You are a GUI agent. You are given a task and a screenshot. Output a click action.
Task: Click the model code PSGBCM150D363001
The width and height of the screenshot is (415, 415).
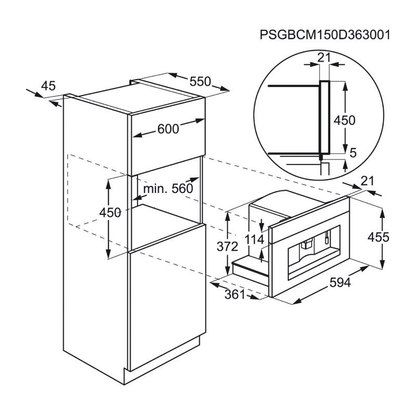(325, 35)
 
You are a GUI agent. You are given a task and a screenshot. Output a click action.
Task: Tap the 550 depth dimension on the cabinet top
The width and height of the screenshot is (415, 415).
(200, 81)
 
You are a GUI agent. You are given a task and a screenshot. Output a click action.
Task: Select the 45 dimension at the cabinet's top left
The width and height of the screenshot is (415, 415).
(48, 86)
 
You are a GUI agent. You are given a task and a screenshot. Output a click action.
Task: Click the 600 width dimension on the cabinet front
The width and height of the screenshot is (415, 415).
(168, 129)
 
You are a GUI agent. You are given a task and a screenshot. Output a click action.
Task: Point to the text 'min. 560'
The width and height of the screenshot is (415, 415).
(168, 189)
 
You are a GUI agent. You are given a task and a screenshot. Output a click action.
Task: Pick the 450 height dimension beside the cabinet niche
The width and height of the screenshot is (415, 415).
(110, 212)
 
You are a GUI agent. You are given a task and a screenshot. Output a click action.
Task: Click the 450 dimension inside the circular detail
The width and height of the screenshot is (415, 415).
(344, 120)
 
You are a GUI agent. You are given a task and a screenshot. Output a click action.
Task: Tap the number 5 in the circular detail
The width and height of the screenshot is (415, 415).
(353, 153)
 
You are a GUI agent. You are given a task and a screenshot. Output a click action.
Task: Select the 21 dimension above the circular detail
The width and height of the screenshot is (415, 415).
(324, 58)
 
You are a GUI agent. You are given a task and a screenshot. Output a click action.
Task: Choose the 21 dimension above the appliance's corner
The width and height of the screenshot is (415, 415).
(368, 181)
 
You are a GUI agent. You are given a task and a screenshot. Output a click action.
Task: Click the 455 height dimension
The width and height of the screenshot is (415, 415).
(378, 237)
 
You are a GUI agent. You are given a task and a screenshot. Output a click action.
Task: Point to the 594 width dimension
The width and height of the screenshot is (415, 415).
(340, 282)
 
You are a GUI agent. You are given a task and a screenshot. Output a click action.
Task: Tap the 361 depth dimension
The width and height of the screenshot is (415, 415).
(235, 294)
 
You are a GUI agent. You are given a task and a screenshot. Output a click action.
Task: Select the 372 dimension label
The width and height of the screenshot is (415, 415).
(227, 247)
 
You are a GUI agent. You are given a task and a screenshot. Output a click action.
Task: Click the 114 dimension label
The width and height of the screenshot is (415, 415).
(254, 240)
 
